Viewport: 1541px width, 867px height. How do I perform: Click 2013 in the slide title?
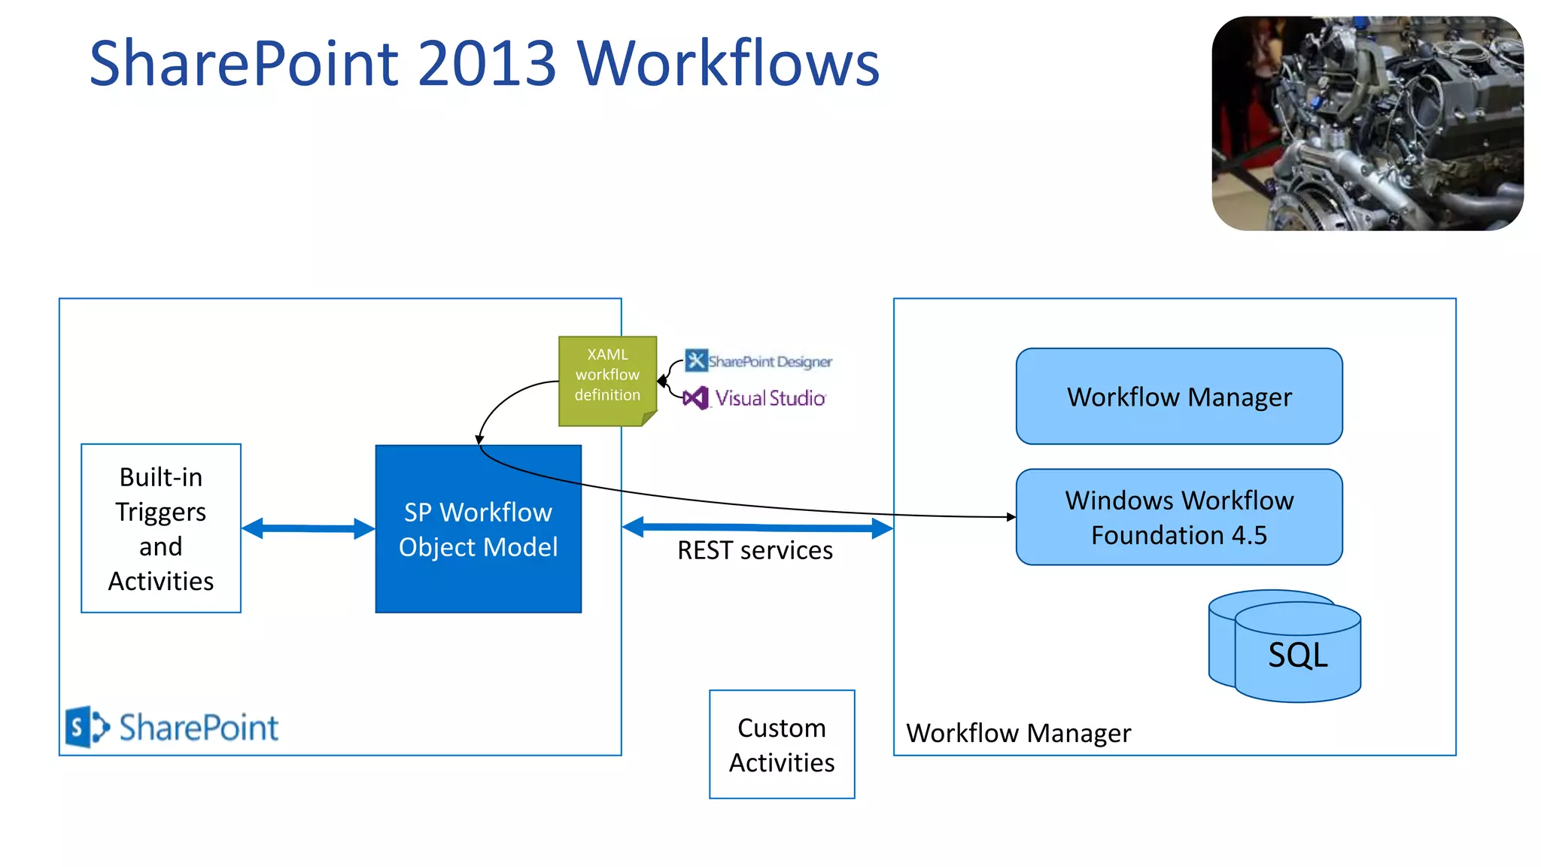coord(487,63)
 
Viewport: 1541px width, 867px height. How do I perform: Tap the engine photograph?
coord(1367,123)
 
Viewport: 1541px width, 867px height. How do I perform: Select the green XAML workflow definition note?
coord(607,380)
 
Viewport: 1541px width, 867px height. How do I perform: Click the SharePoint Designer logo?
coord(758,361)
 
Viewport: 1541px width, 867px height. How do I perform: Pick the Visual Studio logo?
coord(755,398)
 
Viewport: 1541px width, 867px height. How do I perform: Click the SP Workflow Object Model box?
coord(478,529)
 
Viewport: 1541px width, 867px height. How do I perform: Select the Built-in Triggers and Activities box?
coord(161,528)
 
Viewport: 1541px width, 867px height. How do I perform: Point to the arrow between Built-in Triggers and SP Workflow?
coord(309,528)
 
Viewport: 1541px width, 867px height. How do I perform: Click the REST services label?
coord(755,551)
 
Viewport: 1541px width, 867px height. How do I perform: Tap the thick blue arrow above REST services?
coord(757,528)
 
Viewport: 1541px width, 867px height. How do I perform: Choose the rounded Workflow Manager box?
coord(1178,397)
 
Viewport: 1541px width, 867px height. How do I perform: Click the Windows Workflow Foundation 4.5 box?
coord(1178,517)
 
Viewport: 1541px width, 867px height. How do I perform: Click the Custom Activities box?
coord(782,744)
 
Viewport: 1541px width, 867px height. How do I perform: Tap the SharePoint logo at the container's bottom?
coord(172,727)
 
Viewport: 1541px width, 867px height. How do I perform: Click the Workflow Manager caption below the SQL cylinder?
coord(1018,733)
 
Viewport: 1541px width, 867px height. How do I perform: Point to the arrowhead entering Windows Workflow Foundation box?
coord(1011,517)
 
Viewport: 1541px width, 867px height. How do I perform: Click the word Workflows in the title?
coord(728,63)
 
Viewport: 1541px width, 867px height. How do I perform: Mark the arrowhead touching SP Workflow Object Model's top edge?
coord(479,440)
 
